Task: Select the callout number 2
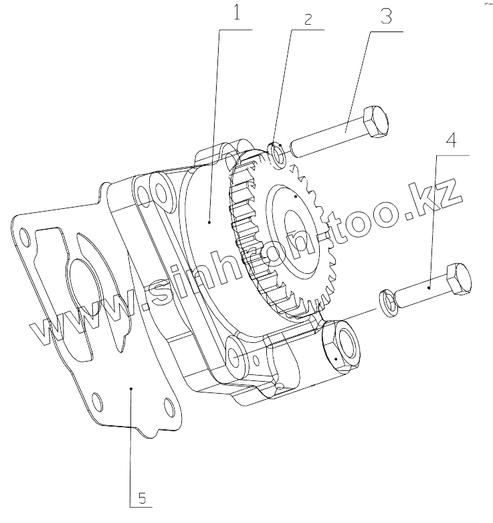pos(308,19)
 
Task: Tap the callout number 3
pos(385,16)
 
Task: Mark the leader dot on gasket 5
pos(132,387)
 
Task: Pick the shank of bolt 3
pos(328,136)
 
